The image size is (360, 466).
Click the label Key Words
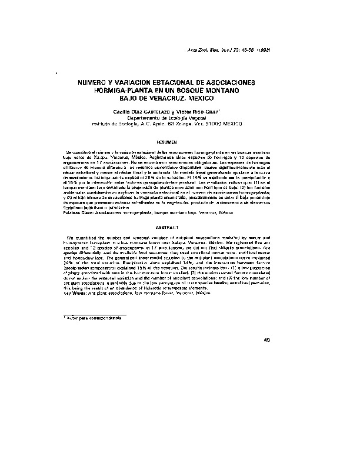click(x=75, y=293)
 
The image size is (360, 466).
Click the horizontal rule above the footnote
click(x=95, y=313)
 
